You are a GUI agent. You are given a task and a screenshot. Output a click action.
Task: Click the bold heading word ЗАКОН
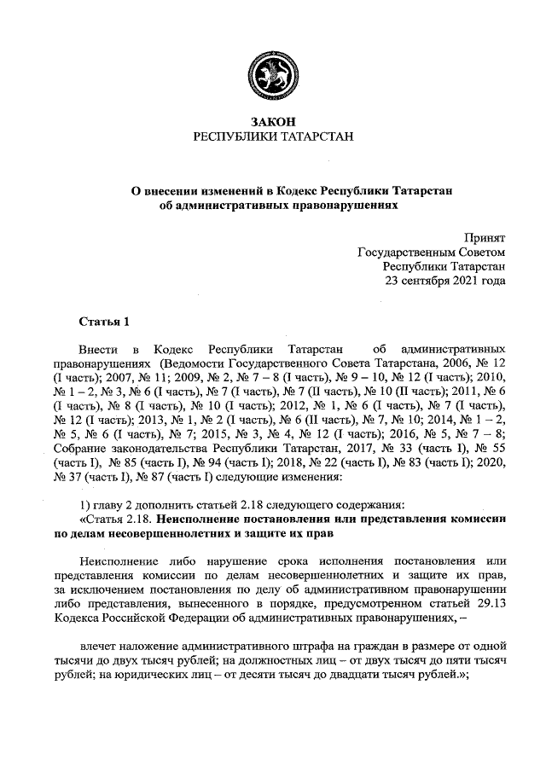pos(273,122)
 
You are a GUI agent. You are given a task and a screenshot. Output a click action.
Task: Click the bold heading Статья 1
pos(103,322)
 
